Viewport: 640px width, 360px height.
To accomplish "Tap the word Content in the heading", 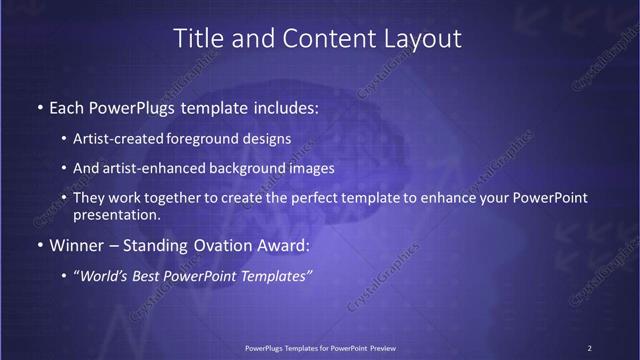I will click(319, 39).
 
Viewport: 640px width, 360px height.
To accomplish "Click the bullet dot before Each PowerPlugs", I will click(39, 105).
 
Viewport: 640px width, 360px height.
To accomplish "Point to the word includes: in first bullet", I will click(284, 105).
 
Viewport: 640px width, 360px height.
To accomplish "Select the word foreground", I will click(215, 140).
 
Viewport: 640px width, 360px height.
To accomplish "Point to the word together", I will click(189, 198).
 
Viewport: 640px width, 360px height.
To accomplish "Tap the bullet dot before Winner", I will click(39, 245).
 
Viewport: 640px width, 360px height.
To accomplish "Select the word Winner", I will click(78, 245).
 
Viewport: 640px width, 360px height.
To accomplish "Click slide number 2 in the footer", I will click(589, 347).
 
